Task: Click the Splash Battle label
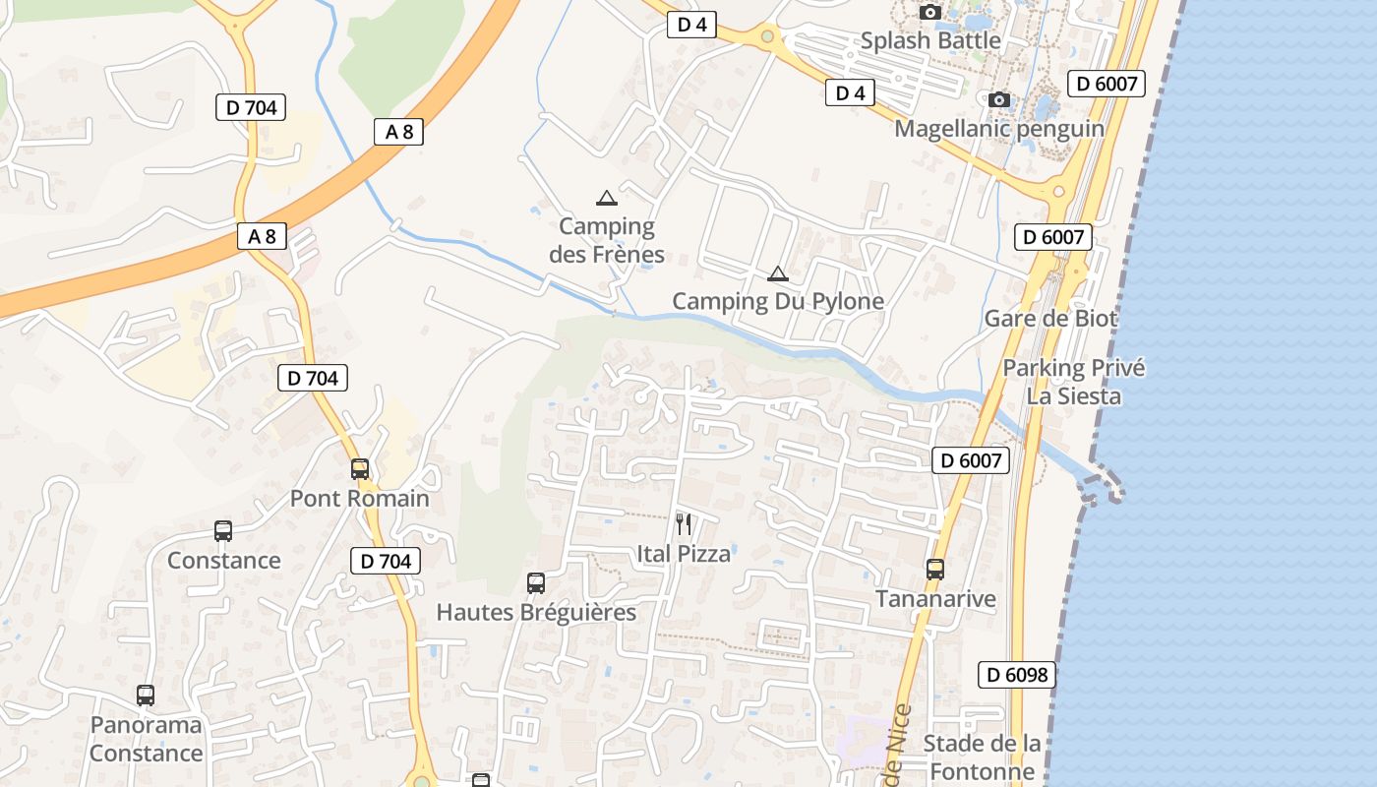(930, 41)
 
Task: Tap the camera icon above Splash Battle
(929, 13)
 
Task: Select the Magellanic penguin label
(999, 129)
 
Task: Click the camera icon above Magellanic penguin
(999, 100)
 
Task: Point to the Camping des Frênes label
(607, 241)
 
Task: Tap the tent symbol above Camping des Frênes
(607, 198)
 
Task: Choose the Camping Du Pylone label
(778, 301)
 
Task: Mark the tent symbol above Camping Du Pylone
(778, 273)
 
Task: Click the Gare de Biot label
(1051, 319)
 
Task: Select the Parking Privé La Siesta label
(1074, 382)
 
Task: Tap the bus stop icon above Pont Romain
(360, 469)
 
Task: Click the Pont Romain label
(360, 499)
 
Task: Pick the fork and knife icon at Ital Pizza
(684, 524)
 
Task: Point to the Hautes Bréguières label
(536, 612)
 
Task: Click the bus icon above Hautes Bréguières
(536, 583)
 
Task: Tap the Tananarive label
(935, 599)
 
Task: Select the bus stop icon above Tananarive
(935, 570)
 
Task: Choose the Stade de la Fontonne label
(982, 757)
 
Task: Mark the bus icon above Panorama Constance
(146, 696)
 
